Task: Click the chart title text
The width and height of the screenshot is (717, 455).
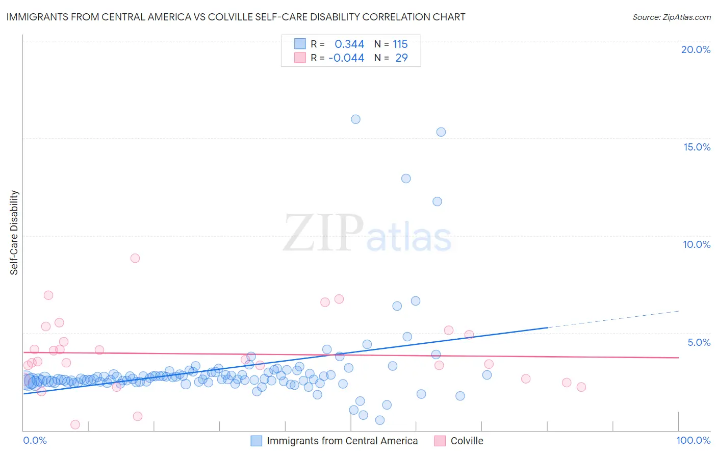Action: pyautogui.click(x=236, y=17)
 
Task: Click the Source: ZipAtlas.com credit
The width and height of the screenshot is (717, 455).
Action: pyautogui.click(x=671, y=17)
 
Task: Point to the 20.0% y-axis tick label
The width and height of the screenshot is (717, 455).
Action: pyautogui.click(x=696, y=49)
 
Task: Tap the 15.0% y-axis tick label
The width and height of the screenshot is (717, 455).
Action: pyautogui.click(x=697, y=147)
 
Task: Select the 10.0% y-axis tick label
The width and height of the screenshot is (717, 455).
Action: pyautogui.click(x=697, y=244)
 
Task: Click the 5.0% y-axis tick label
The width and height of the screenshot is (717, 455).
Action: pyautogui.click(x=699, y=342)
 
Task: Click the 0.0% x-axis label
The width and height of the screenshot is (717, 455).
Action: pyautogui.click(x=35, y=440)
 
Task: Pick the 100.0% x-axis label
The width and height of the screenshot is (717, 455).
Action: pyautogui.click(x=693, y=440)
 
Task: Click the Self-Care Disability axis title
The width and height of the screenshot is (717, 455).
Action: pyautogui.click(x=14, y=233)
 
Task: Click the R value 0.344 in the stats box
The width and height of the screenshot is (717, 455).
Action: pyautogui.click(x=349, y=44)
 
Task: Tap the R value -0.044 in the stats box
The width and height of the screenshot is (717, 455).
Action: pyautogui.click(x=346, y=58)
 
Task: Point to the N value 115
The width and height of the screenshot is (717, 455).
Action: pyautogui.click(x=400, y=44)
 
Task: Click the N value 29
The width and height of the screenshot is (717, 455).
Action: pyautogui.click(x=401, y=58)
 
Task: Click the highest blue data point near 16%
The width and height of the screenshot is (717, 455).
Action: pyautogui.click(x=355, y=119)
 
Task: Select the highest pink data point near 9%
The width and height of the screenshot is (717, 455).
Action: pyautogui.click(x=135, y=258)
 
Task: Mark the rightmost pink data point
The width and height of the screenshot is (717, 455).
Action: pyautogui.click(x=581, y=387)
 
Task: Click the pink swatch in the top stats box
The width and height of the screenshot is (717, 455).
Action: pyautogui.click(x=300, y=58)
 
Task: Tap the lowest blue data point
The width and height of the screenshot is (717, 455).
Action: pyautogui.click(x=380, y=420)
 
